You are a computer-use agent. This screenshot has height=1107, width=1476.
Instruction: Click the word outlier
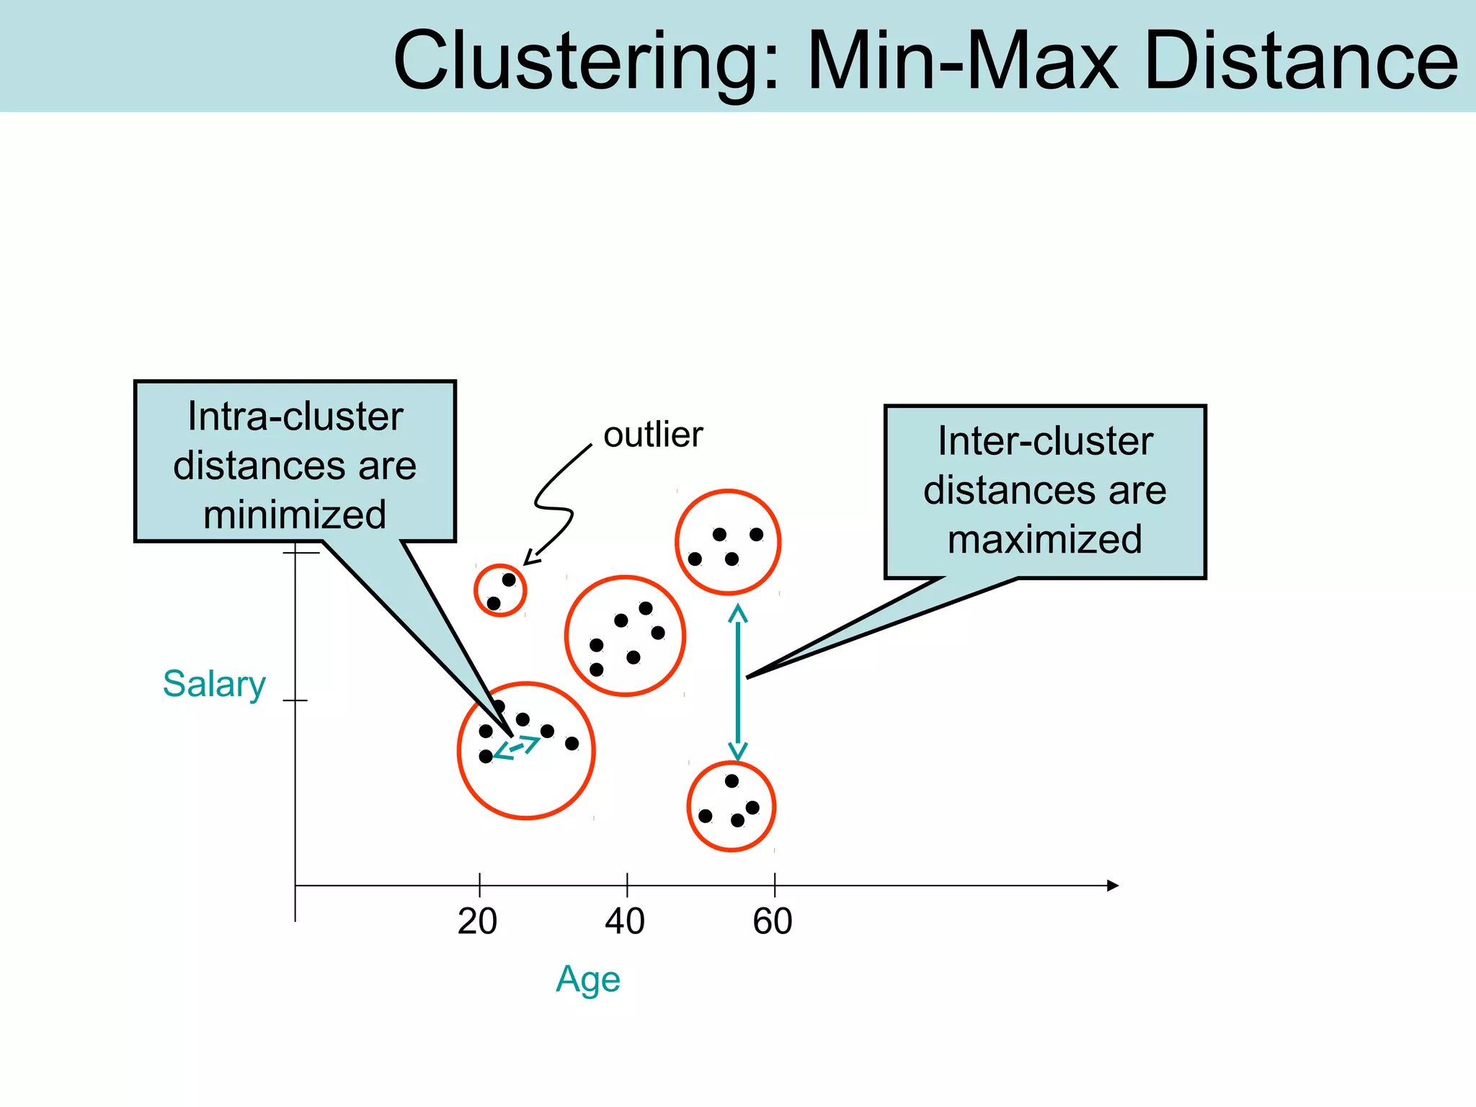click(653, 435)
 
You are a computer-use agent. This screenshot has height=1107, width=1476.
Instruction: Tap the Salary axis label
click(214, 684)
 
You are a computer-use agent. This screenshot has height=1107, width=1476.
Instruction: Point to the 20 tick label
click(477, 922)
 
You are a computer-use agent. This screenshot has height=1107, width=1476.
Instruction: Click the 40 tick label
click(625, 922)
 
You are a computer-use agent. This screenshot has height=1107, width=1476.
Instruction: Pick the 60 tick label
click(773, 922)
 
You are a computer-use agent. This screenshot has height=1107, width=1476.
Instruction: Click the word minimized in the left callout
click(295, 515)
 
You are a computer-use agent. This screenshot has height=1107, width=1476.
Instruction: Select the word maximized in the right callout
click(1045, 539)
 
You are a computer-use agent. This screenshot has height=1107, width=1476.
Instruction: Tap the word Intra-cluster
click(295, 417)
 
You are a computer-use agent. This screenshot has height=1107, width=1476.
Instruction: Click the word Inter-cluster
click(1045, 441)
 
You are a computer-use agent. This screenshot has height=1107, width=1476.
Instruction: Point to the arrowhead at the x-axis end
click(1113, 886)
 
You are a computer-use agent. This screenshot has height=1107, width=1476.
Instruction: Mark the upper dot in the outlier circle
click(509, 580)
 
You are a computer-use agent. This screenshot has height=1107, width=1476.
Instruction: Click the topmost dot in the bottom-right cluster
click(732, 781)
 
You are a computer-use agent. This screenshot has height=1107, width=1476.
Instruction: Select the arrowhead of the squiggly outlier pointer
click(530, 559)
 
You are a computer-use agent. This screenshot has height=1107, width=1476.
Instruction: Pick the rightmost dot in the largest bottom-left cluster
click(572, 744)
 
